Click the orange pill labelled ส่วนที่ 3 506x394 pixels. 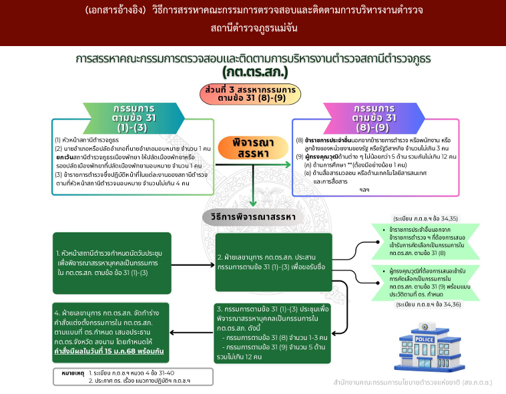point(247,94)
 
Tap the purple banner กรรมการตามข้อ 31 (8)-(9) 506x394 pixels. point(375,116)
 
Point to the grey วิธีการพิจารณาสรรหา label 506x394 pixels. point(253,217)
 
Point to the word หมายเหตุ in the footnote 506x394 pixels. point(71,373)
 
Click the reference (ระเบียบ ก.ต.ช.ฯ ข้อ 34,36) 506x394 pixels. point(426,304)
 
